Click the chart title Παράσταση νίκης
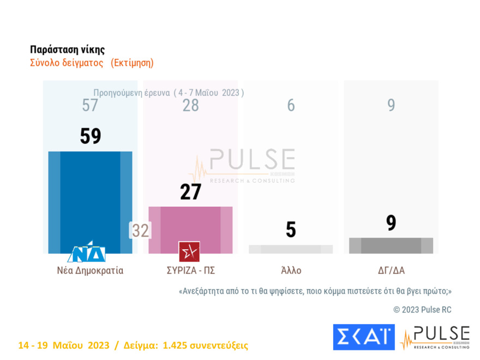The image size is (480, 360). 67,50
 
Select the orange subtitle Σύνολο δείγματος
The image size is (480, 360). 67,63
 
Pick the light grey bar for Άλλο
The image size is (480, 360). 291,249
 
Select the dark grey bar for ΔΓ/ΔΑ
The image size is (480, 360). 391,245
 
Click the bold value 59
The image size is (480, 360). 91,136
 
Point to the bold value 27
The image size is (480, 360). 190,192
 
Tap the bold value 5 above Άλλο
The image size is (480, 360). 291,230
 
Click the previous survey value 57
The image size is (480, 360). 90,105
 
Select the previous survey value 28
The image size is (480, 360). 190,105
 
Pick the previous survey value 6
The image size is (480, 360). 291,105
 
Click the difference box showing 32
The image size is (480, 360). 140,231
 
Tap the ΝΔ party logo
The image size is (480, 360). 86,253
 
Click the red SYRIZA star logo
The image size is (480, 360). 189,251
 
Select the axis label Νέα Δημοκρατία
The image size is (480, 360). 90,271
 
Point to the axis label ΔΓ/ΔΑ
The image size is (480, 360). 391,271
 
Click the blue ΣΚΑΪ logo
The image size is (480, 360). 363,337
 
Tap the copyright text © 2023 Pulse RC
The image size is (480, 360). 422,309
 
